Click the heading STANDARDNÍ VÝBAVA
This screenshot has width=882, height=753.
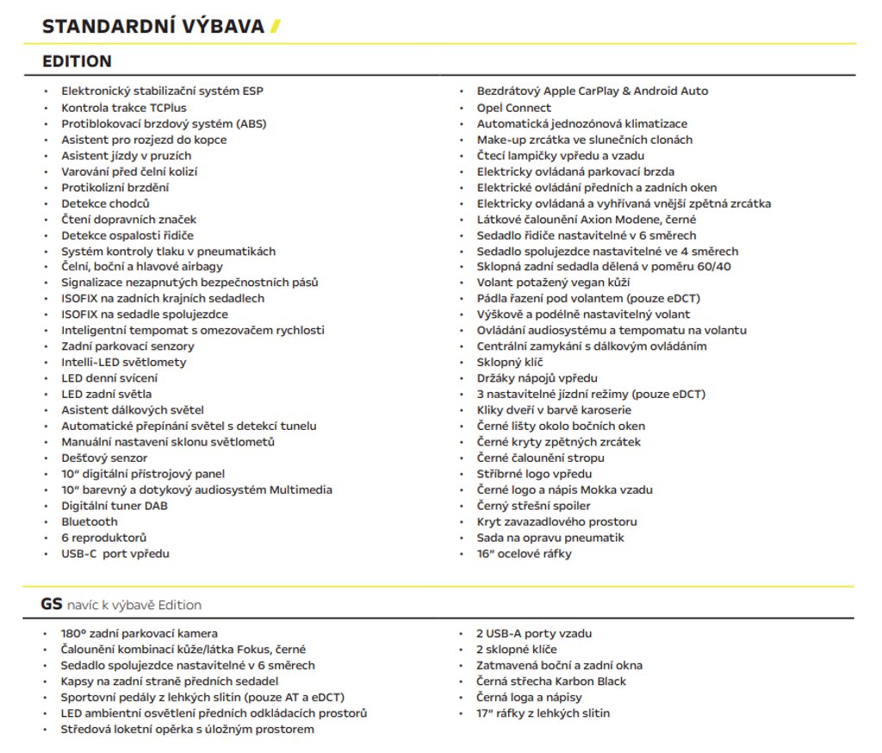(153, 27)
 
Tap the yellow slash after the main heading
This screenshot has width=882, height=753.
(276, 27)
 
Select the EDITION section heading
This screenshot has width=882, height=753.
(78, 61)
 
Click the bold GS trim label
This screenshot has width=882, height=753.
(52, 604)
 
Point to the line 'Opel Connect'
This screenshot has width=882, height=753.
(514, 108)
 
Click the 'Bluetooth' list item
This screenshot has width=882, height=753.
(89, 522)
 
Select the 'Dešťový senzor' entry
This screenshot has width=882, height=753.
(104, 458)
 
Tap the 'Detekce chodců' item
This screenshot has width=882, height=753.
(105, 203)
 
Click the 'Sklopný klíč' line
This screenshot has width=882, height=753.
(510, 363)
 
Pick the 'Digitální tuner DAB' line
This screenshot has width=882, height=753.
(115, 506)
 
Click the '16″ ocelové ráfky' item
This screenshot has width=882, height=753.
(524, 554)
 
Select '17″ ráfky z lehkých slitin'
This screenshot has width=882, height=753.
(543, 713)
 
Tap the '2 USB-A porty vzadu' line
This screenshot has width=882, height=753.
(534, 634)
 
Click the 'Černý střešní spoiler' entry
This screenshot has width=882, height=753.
(534, 506)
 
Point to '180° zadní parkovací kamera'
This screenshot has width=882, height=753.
(140, 634)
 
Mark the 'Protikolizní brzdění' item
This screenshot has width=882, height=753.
(115, 187)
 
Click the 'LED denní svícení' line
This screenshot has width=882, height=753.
(109, 378)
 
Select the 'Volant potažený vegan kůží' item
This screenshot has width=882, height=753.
(554, 283)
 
